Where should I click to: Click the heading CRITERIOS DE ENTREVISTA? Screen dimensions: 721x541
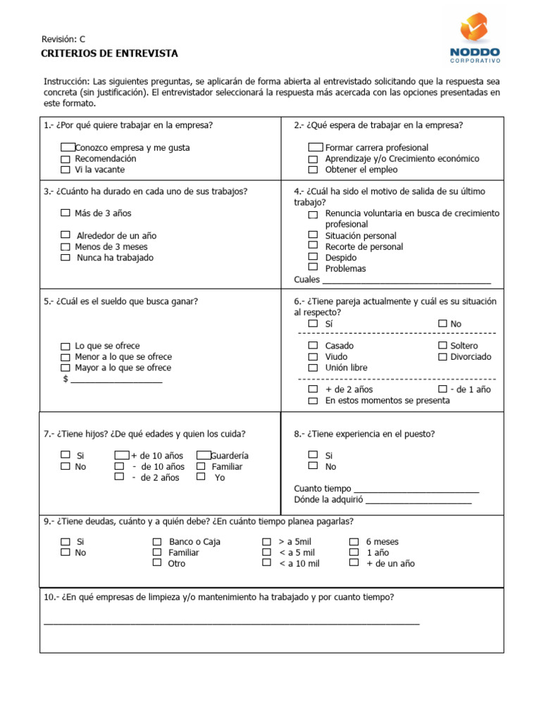[111, 54]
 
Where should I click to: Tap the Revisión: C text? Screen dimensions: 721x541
[63, 39]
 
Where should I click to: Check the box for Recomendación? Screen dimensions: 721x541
[66, 158]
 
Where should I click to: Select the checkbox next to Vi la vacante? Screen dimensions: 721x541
[66, 170]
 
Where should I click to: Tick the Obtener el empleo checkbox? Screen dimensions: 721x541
[313, 170]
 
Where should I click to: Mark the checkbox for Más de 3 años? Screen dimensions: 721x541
[66, 213]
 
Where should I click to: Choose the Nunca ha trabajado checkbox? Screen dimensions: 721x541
[66, 258]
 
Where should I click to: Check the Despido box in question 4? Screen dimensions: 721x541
[313, 258]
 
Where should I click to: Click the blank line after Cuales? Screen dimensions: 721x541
[406, 281]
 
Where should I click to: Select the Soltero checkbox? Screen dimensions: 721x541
[442, 346]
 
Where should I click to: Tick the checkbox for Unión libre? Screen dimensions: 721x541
[313, 368]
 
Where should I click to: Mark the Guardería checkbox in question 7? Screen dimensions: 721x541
[204, 456]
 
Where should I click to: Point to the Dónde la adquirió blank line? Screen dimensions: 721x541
[418, 501]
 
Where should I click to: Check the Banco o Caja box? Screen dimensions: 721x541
[157, 541]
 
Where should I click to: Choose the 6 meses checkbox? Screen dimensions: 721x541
[354, 541]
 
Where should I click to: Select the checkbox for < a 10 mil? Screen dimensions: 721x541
[266, 563]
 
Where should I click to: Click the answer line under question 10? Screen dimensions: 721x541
[231, 623]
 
